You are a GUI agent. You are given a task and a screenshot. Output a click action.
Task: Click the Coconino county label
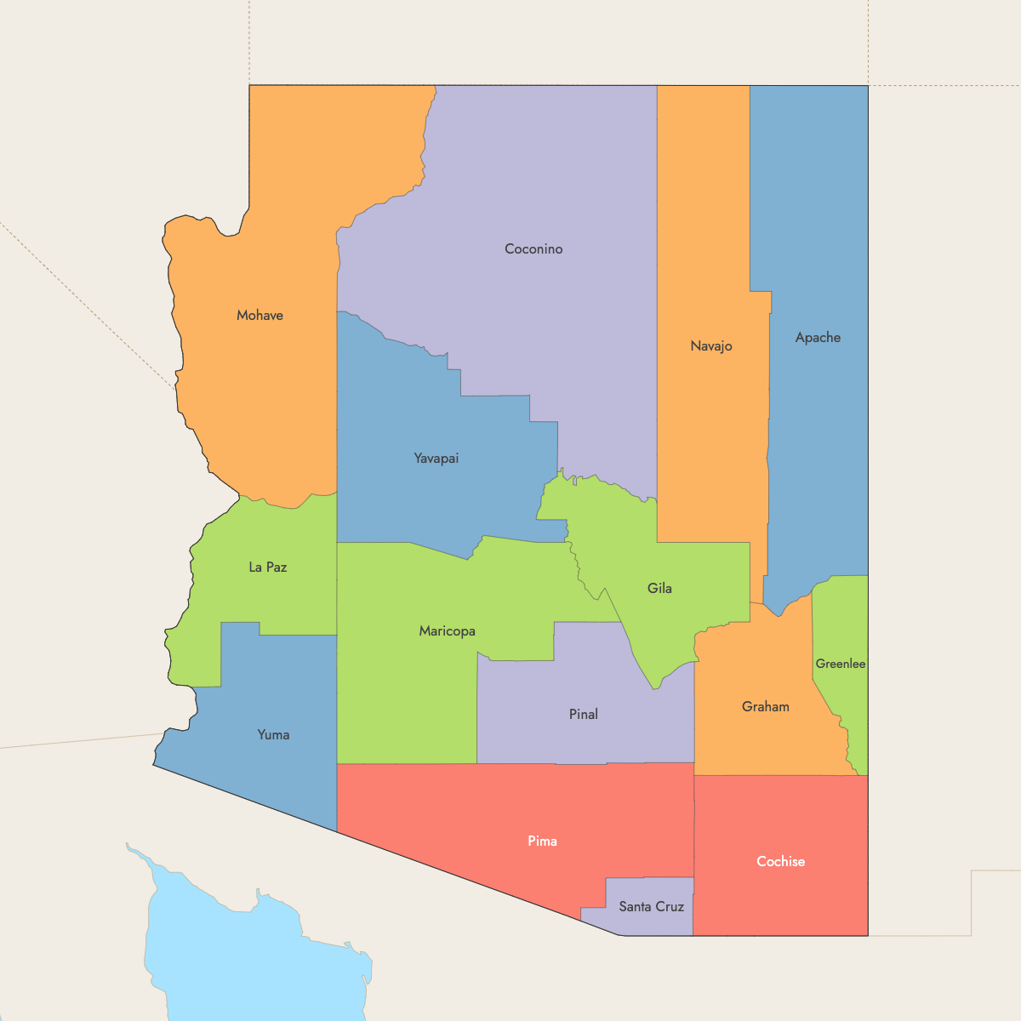click(533, 249)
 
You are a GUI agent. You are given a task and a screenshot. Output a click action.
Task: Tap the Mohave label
click(260, 316)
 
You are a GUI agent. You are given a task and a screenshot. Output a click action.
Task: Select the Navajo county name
click(711, 346)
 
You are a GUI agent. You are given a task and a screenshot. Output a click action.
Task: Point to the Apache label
click(818, 338)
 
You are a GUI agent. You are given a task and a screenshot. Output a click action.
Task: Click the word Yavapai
click(436, 459)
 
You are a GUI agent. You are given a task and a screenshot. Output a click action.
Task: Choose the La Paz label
click(267, 568)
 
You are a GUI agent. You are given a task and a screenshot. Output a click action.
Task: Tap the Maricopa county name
click(447, 631)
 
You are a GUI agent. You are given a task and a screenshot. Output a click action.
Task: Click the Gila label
click(659, 589)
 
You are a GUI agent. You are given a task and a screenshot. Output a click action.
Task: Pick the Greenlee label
click(841, 664)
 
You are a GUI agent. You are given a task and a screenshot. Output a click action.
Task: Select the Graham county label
click(765, 707)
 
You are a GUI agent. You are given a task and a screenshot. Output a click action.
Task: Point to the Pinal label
click(583, 715)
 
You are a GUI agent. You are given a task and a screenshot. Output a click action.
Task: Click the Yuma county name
click(273, 735)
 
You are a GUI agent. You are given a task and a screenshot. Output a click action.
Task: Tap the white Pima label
click(542, 841)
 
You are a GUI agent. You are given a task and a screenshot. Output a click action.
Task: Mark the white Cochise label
click(780, 862)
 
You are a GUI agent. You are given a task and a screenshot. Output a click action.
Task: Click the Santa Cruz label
click(651, 907)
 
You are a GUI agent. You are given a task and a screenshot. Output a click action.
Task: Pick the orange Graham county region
click(749, 740)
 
